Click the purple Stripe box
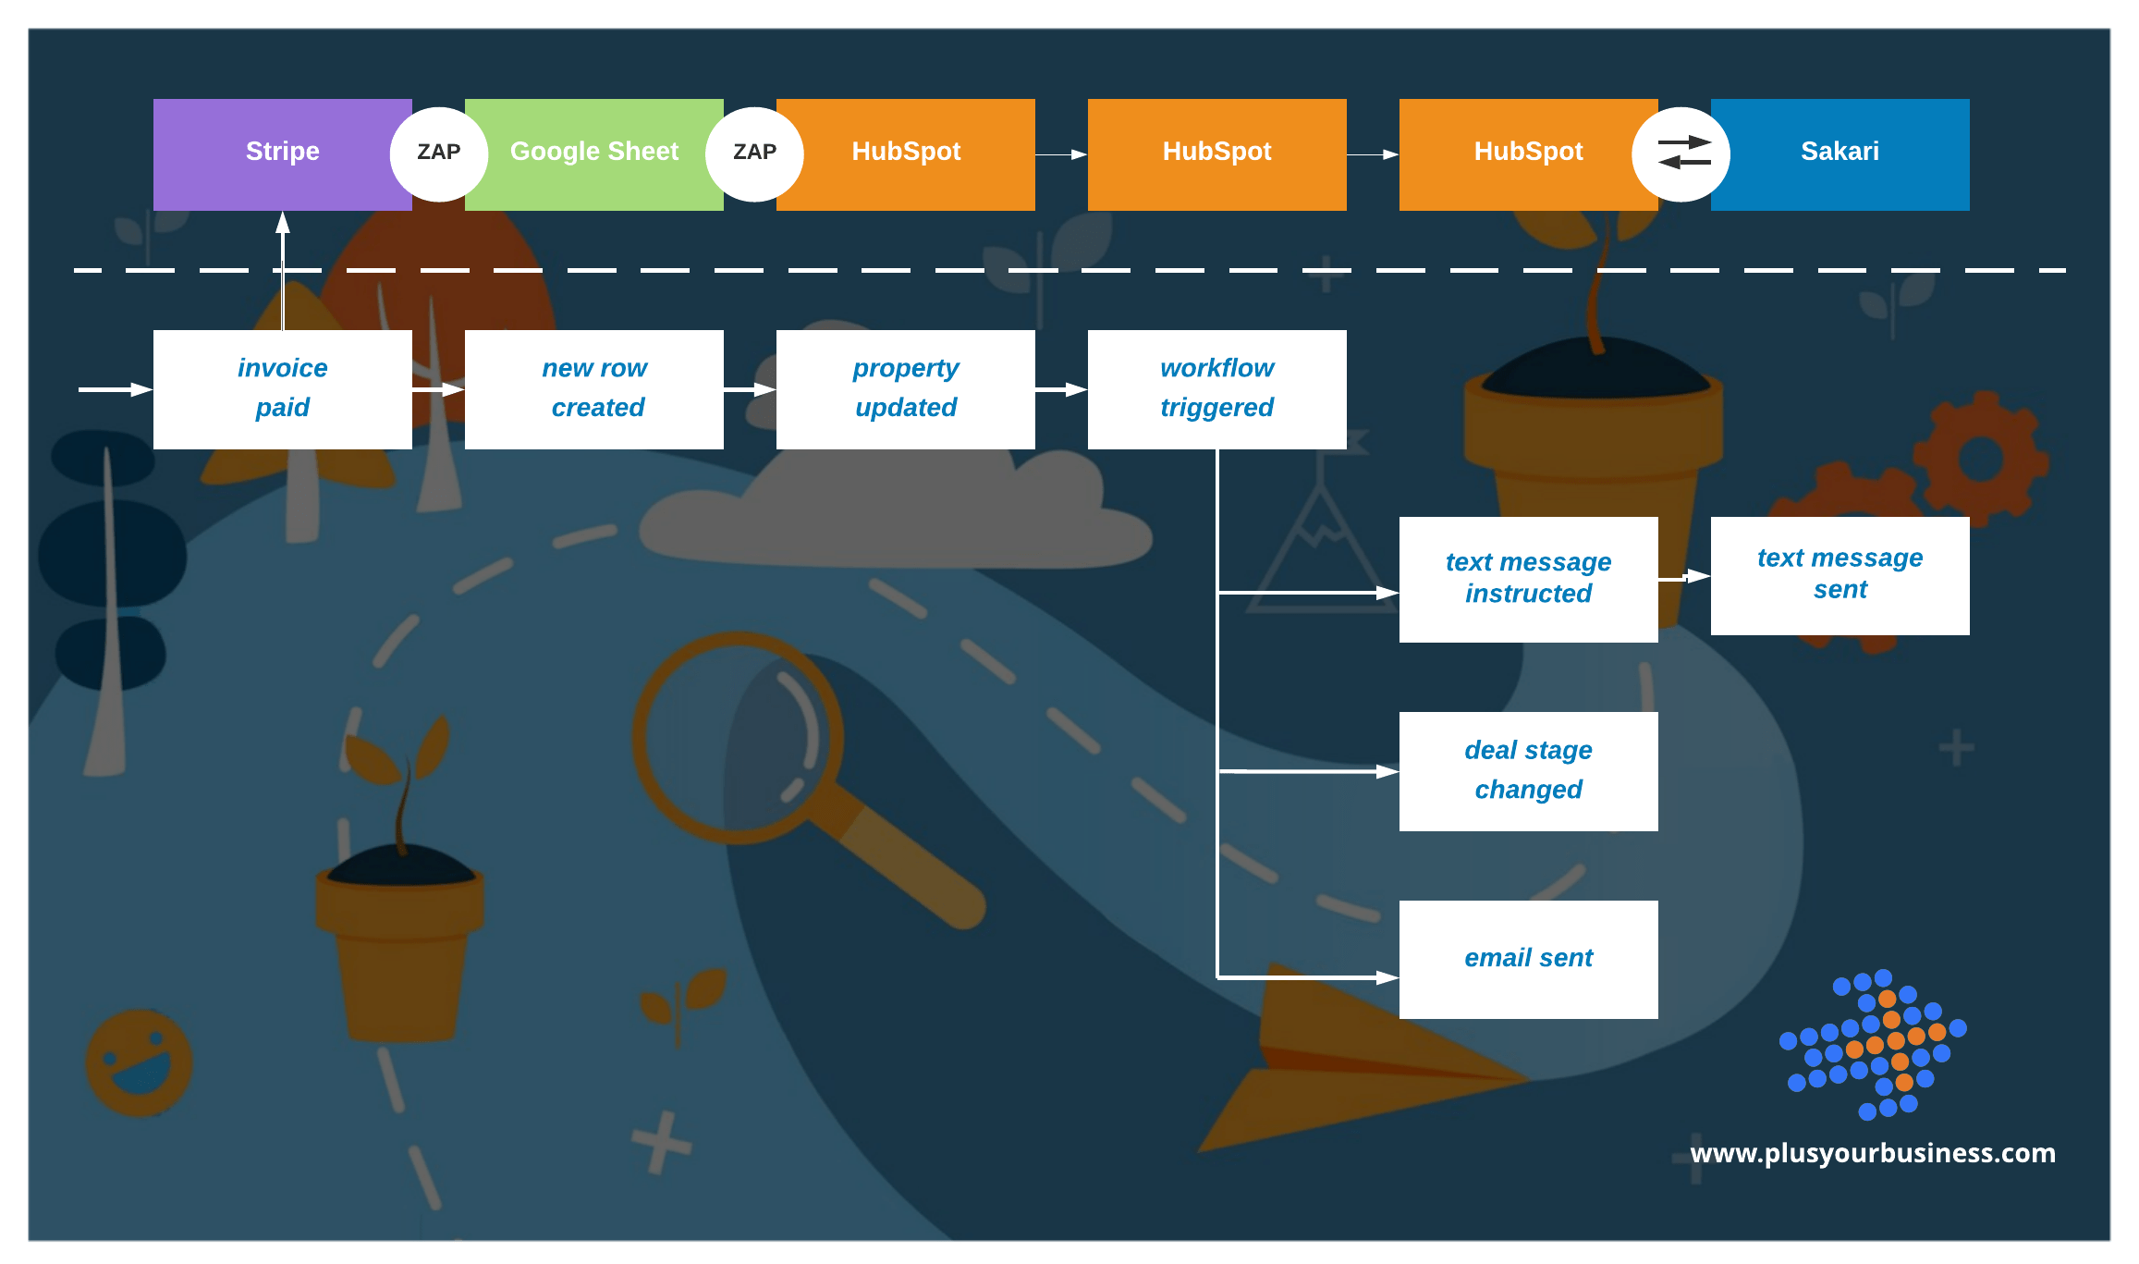point(277,153)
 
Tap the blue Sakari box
point(1840,153)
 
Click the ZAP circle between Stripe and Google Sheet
point(439,153)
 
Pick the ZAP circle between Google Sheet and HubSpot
point(754,153)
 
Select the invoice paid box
point(282,388)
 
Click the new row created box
point(593,388)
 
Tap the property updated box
point(905,388)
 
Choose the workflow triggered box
point(1216,388)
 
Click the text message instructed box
point(1528,579)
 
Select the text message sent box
point(1840,575)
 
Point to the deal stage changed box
point(1528,770)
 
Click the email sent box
point(1528,959)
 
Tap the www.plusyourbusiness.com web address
point(1872,1153)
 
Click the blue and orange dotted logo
point(1872,1045)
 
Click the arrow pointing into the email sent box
point(1313,976)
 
